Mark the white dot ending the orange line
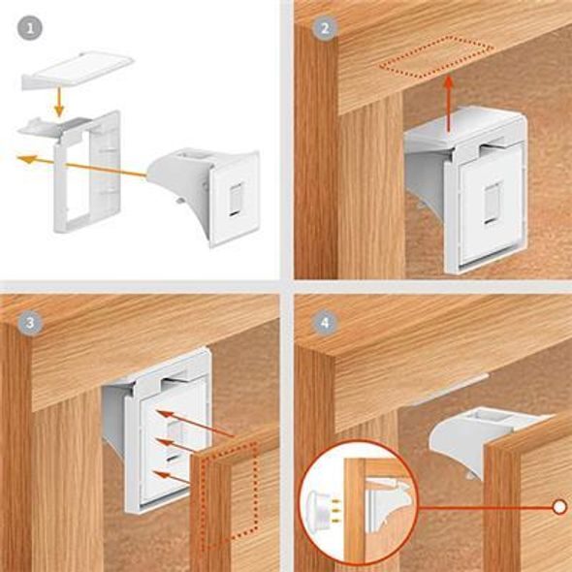(x=558, y=506)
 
